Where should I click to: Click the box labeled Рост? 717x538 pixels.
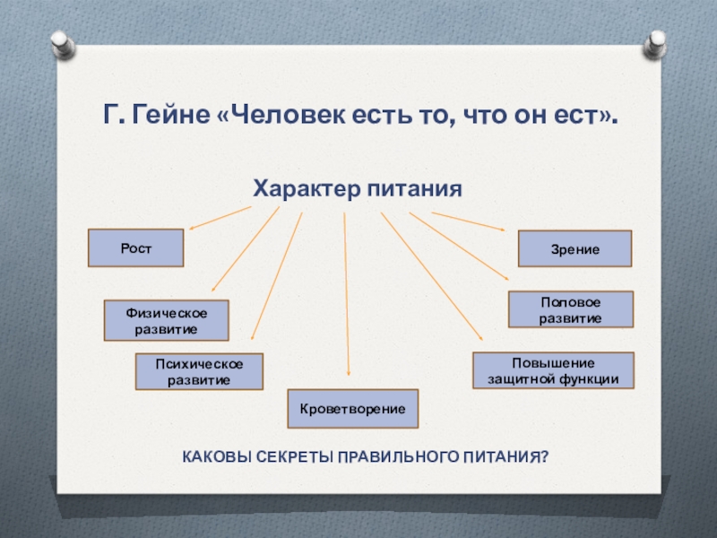(x=135, y=248)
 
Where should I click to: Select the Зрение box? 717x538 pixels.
(x=575, y=248)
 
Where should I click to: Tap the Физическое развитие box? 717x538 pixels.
(x=166, y=320)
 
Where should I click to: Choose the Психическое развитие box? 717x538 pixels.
(x=199, y=371)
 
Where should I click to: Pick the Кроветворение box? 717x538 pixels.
(x=352, y=408)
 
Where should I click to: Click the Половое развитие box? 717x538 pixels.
(x=571, y=309)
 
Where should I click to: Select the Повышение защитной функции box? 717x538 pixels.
(x=553, y=369)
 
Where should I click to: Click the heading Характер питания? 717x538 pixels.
(x=357, y=189)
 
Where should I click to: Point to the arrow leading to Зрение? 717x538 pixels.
(x=468, y=221)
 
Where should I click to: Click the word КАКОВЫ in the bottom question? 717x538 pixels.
(x=212, y=457)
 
